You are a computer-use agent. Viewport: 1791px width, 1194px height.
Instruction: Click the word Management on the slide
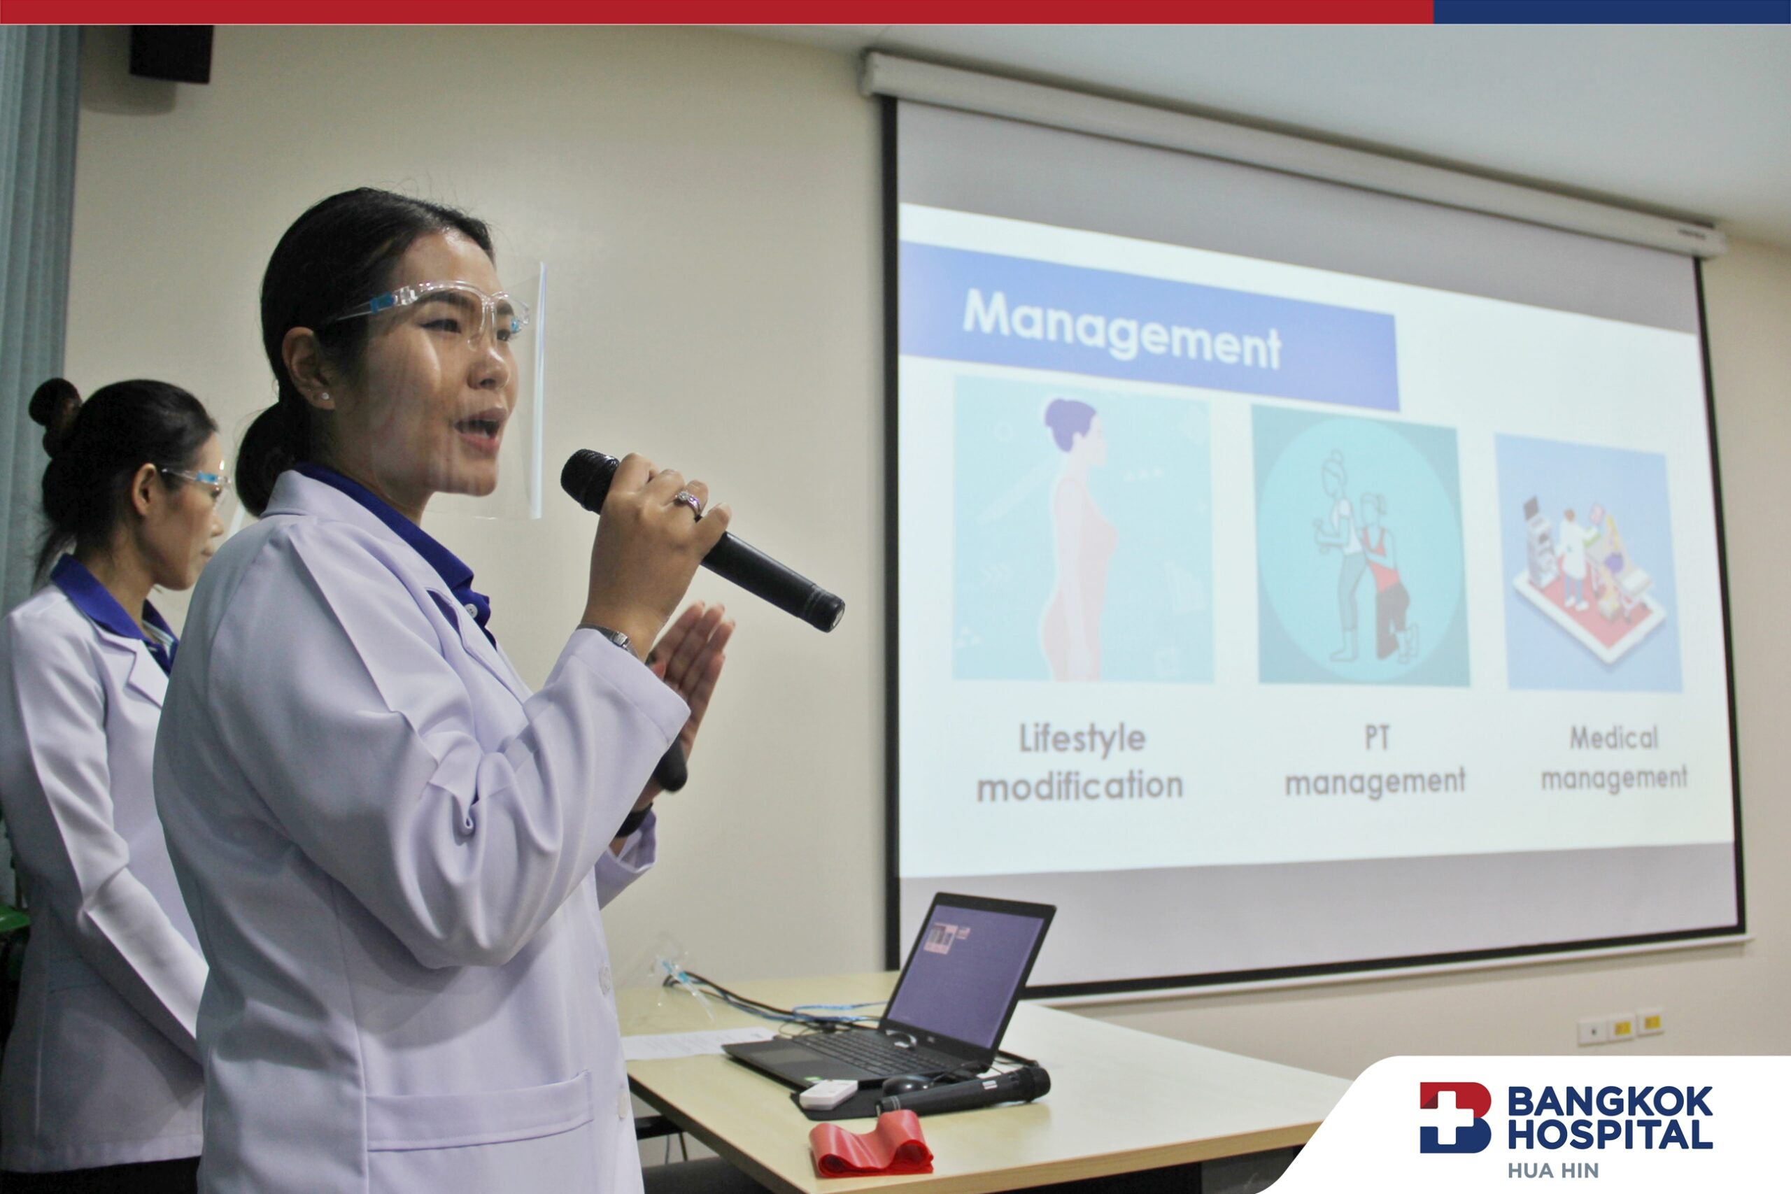click(x=1121, y=329)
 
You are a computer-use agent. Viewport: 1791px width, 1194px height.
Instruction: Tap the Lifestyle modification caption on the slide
click(x=1080, y=762)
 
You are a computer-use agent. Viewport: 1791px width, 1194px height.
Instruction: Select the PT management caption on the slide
click(x=1375, y=760)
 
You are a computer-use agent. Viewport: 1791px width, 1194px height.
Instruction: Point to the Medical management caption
click(x=1614, y=758)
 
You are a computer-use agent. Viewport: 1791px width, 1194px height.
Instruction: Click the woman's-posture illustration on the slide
click(x=1082, y=529)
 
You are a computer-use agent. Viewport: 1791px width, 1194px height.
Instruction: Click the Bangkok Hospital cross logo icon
click(x=1454, y=1117)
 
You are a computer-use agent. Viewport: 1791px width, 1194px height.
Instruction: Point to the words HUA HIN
click(x=1552, y=1170)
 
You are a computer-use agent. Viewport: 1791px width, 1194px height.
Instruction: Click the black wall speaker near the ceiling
click(x=171, y=53)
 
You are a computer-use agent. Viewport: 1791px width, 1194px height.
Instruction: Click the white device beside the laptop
click(x=828, y=1094)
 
